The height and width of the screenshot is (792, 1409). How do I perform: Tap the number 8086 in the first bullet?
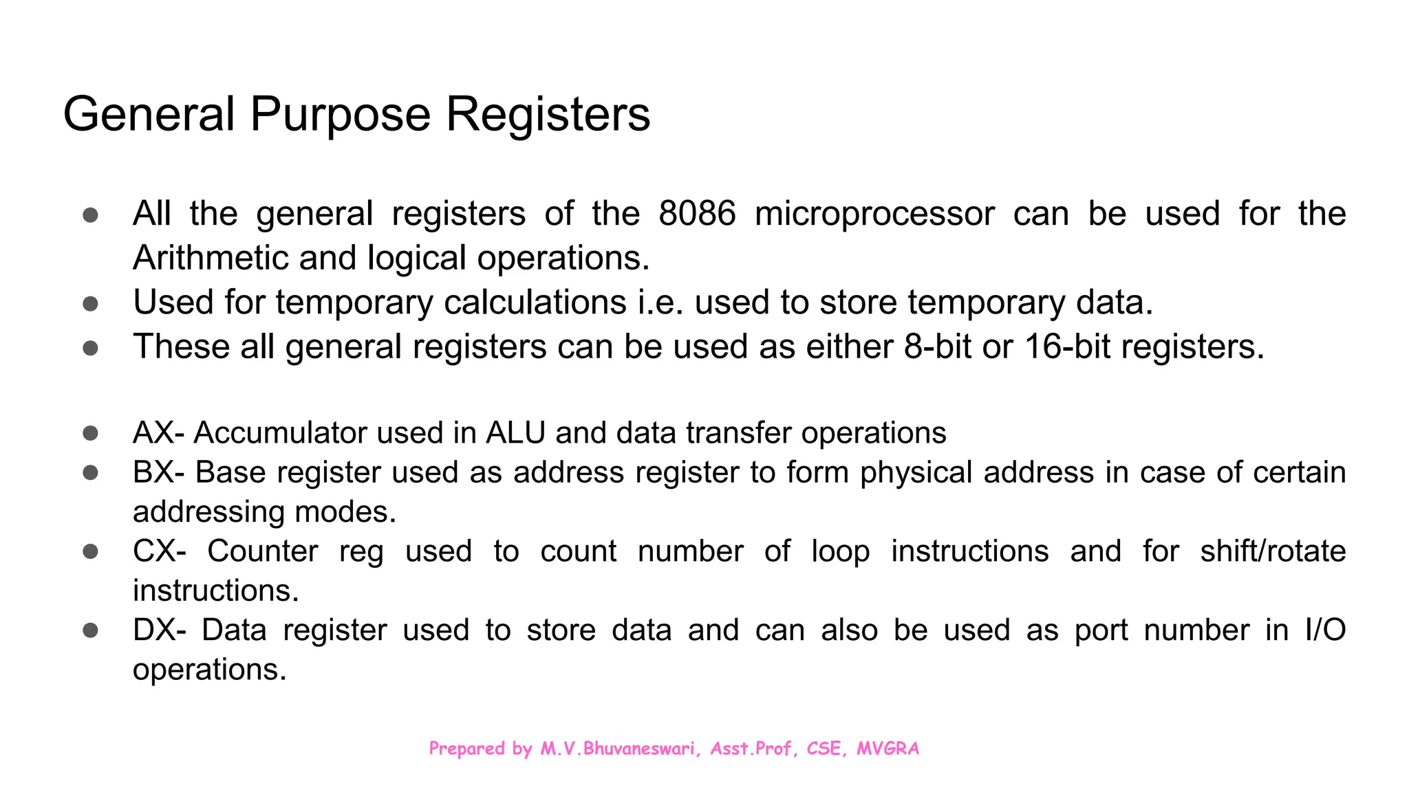[696, 213]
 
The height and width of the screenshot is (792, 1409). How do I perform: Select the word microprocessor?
[874, 213]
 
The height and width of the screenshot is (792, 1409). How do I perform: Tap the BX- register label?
[158, 472]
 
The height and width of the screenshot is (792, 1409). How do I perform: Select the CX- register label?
[159, 551]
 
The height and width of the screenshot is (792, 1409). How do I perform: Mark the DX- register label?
[159, 630]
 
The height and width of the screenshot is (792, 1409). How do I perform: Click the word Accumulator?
[280, 433]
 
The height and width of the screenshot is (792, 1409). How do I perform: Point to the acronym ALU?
[515, 433]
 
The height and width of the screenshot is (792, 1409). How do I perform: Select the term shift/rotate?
[1273, 551]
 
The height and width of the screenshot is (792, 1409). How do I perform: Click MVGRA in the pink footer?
[888, 749]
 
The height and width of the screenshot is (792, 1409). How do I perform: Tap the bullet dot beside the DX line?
[90, 630]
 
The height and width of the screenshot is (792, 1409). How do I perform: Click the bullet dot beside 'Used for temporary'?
[90, 303]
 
